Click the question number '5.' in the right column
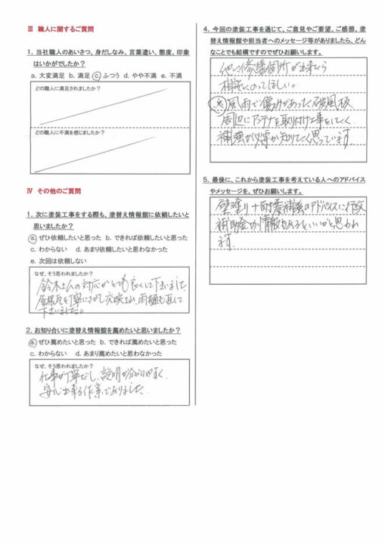206,179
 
